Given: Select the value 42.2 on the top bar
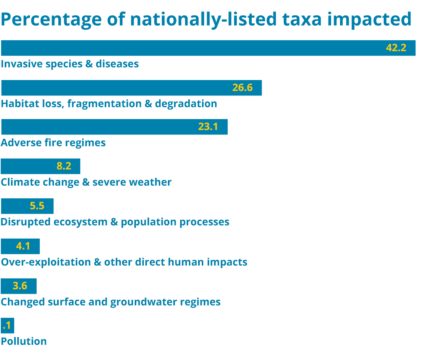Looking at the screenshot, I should pos(396,48).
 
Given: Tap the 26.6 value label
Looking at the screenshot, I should pos(242,88).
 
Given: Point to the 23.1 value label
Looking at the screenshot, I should pos(208,127).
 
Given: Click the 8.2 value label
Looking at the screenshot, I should pos(64,166).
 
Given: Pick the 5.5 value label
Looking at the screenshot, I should pos(37,206).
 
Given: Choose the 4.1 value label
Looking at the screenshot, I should pos(23,246).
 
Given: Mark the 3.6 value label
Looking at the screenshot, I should pos(20,286).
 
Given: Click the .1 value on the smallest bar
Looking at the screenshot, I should pos(7,326).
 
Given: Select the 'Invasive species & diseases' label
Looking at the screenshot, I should pos(70,64).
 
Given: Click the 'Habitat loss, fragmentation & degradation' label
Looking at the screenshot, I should pos(109,104).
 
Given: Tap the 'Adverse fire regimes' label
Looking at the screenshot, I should pos(53,143).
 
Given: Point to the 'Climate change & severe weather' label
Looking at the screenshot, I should pos(86,182).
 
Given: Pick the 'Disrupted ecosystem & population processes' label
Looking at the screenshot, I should pos(115,222).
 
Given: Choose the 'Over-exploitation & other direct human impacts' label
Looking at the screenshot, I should pos(124,262).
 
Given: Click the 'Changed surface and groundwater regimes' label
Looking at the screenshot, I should pos(111,302).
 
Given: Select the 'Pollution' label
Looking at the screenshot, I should pos(24,341).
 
